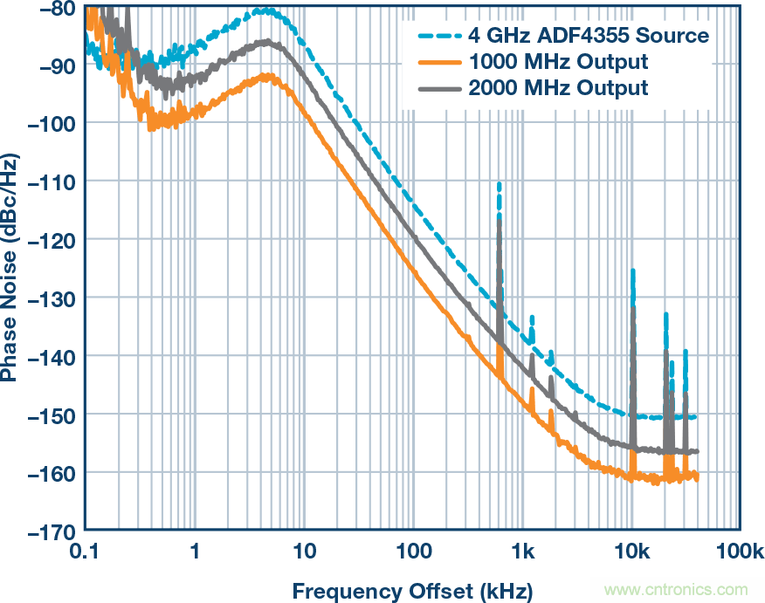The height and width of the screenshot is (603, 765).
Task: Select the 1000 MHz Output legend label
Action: pos(558,62)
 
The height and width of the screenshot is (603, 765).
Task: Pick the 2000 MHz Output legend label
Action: pos(558,87)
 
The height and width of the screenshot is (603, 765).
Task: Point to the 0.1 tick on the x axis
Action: pos(85,552)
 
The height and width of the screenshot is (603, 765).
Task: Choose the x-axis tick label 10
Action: pos(304,552)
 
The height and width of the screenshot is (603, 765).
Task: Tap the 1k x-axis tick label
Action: pos(522,552)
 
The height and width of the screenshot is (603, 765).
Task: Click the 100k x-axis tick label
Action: pos(741,552)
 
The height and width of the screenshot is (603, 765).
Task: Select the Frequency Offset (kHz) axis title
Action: pos(411,590)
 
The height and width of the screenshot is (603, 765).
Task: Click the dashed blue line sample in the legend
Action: pos(438,37)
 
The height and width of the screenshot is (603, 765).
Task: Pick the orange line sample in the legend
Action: pos(438,62)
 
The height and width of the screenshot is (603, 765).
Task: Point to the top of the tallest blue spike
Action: pos(499,184)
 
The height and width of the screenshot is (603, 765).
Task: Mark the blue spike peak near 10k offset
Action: pos(632,271)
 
